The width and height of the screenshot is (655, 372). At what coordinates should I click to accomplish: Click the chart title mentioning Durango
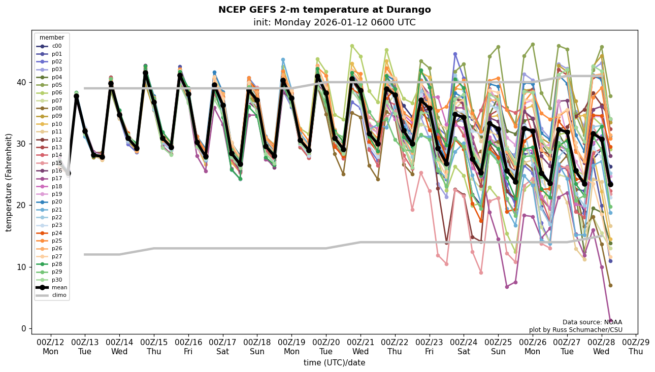324,10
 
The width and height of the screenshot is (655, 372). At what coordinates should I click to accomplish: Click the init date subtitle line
334,22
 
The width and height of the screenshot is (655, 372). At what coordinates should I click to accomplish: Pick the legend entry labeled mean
59,287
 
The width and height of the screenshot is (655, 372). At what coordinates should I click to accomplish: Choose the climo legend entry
59,295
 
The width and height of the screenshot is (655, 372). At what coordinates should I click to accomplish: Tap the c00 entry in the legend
56,46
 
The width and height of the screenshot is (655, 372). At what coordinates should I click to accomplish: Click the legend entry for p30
56,280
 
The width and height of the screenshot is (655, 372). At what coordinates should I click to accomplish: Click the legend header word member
52,38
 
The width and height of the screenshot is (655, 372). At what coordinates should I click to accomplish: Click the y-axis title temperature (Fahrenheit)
9,182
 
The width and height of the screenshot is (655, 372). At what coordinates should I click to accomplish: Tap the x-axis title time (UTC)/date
334,362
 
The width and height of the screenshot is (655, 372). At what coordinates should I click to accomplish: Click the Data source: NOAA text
592,322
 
